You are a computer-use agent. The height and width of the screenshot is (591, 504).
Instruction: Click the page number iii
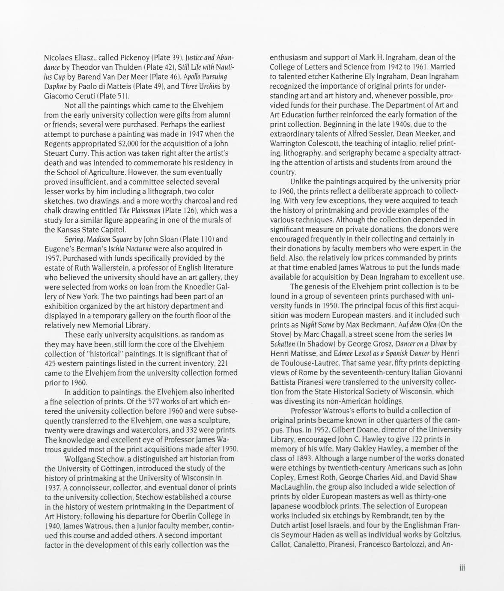462,568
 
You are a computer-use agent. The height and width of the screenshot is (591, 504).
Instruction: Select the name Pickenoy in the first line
126,57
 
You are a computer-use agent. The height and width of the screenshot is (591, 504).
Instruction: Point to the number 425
52,363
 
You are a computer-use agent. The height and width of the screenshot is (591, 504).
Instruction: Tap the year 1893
298,458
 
